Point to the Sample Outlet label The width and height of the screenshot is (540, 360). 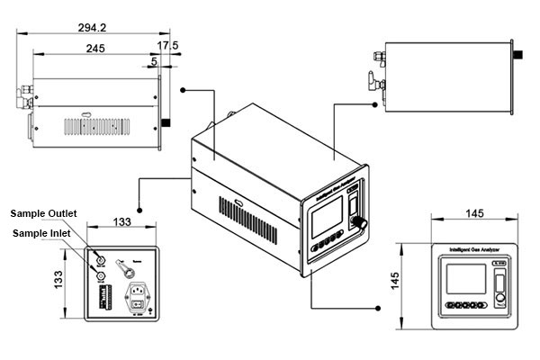pyautogui.click(x=43, y=213)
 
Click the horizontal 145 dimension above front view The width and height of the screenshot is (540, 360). pyautogui.click(x=476, y=213)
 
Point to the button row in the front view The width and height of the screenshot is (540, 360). pyautogui.click(x=465, y=306)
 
